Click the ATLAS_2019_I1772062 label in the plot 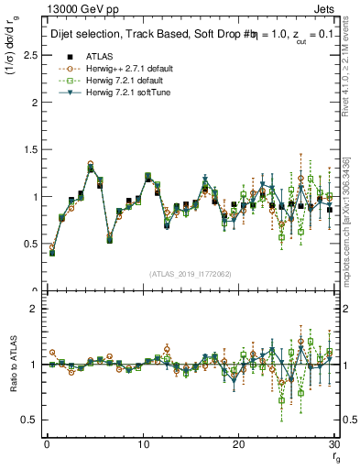point(191,274)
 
